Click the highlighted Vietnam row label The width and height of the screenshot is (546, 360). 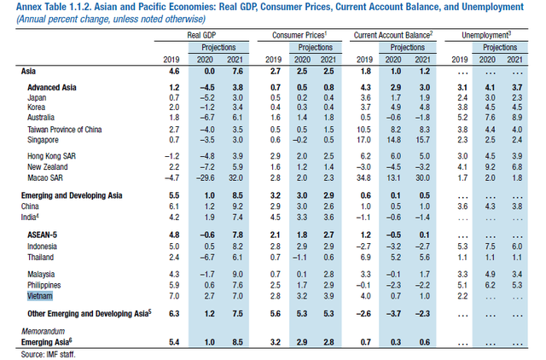click(x=40, y=296)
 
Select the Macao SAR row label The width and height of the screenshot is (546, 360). click(x=45, y=178)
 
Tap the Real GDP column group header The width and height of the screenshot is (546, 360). click(x=201, y=35)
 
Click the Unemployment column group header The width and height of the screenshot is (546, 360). click(x=486, y=35)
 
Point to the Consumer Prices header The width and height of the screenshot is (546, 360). click(x=299, y=35)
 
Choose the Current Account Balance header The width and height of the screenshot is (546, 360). click(x=393, y=35)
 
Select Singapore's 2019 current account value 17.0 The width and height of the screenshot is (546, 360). click(x=363, y=140)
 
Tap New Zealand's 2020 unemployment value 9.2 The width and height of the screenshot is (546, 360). click(x=490, y=167)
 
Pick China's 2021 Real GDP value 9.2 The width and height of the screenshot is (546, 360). click(x=237, y=206)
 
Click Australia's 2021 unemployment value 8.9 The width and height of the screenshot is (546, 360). click(x=517, y=118)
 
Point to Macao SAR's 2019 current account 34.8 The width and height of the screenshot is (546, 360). click(x=363, y=178)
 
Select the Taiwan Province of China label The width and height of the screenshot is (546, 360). click(x=65, y=130)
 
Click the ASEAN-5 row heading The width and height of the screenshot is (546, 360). click(x=42, y=235)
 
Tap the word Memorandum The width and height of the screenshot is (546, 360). click(x=44, y=331)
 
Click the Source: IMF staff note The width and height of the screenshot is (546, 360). click(x=48, y=354)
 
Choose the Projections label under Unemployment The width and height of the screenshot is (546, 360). click(x=500, y=48)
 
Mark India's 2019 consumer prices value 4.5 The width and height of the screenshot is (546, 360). click(x=275, y=218)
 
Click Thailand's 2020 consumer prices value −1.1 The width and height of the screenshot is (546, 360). click(x=300, y=258)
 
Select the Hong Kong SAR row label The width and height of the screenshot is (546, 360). click(x=51, y=156)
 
